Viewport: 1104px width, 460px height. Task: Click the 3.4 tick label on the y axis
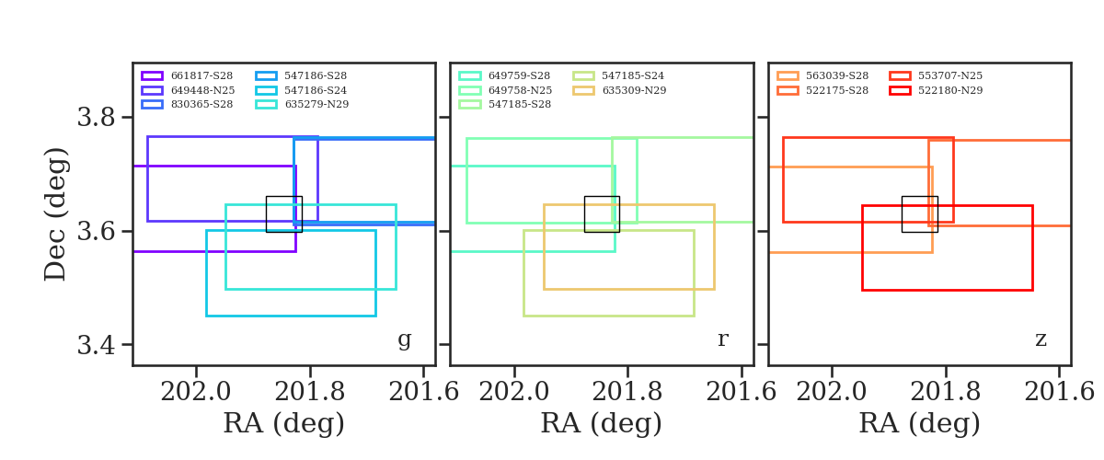tap(97, 345)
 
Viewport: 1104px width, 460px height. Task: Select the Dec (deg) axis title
tap(57, 213)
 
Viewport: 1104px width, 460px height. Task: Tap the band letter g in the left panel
tap(405, 339)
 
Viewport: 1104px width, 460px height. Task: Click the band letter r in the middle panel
tap(723, 339)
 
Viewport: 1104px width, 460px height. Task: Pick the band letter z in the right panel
tap(1041, 339)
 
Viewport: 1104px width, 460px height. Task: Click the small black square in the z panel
tap(919, 213)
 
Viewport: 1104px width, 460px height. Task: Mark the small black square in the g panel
tap(283, 213)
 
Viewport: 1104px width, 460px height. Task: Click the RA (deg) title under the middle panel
tap(602, 424)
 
